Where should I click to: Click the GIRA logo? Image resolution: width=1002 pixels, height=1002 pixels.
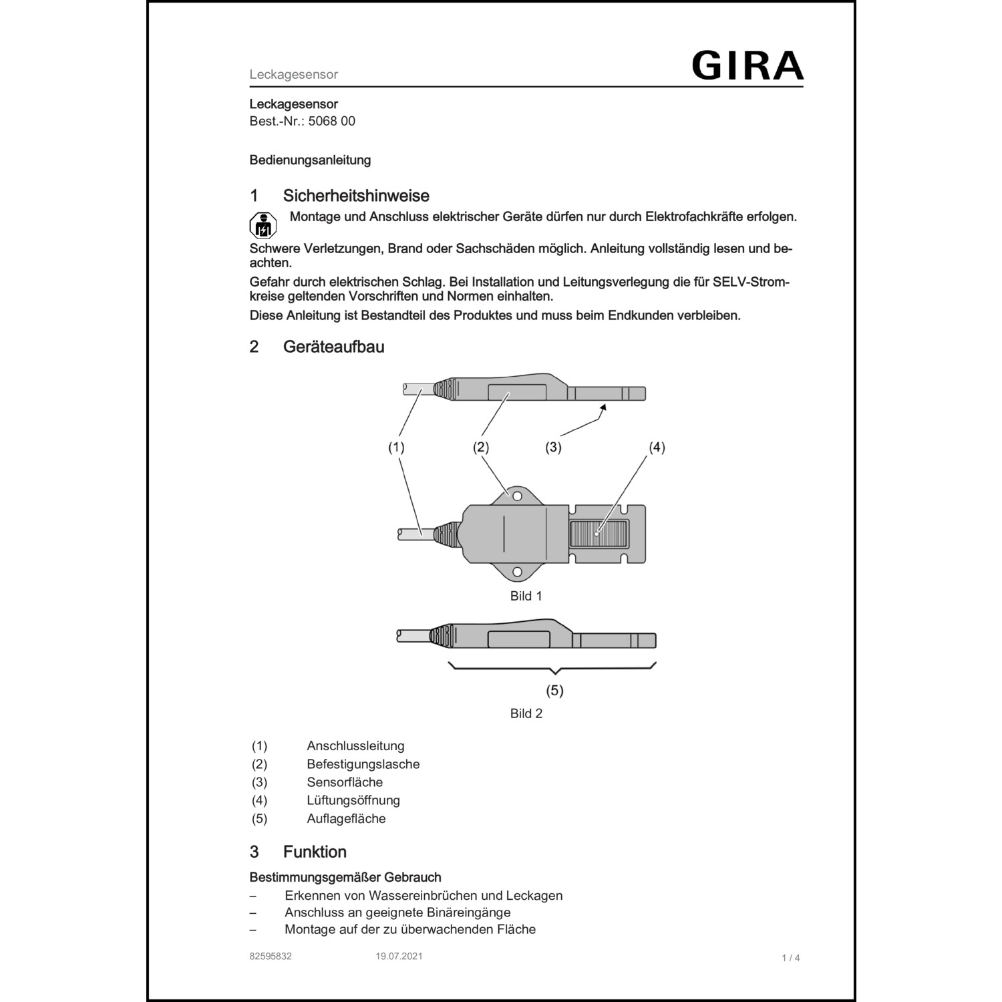click(747, 65)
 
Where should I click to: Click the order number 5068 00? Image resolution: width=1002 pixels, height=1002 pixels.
click(331, 121)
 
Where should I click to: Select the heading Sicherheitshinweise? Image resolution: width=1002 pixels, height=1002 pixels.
click(356, 196)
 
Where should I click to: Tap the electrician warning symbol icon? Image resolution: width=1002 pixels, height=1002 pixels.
click(263, 226)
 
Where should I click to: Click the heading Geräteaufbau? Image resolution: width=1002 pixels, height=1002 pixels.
click(333, 347)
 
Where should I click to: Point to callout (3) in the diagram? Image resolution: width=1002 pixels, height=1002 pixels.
click(553, 448)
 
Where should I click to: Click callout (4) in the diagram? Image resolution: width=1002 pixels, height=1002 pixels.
click(657, 448)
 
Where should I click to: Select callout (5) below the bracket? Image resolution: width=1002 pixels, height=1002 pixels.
click(555, 690)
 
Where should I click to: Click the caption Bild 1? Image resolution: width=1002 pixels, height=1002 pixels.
click(526, 596)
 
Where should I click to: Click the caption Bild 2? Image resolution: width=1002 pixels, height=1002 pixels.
click(526, 713)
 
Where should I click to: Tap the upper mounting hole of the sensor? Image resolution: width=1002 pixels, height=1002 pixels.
click(517, 496)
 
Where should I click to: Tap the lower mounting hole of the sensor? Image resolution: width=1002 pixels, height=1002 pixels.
click(517, 572)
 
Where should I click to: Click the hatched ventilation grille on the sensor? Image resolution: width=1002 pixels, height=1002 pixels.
click(599, 533)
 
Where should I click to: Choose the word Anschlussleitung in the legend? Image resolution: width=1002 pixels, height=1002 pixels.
click(355, 746)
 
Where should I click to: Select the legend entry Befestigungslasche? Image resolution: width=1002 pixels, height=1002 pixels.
click(363, 764)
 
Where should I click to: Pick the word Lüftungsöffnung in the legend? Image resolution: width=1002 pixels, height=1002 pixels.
click(353, 800)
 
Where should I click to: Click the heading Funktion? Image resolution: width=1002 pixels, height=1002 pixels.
click(315, 852)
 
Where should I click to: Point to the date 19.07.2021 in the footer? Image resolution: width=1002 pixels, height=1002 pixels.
click(399, 957)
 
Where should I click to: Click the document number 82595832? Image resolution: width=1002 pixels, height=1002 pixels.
click(271, 957)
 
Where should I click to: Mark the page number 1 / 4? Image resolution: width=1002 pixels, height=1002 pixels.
click(791, 958)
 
